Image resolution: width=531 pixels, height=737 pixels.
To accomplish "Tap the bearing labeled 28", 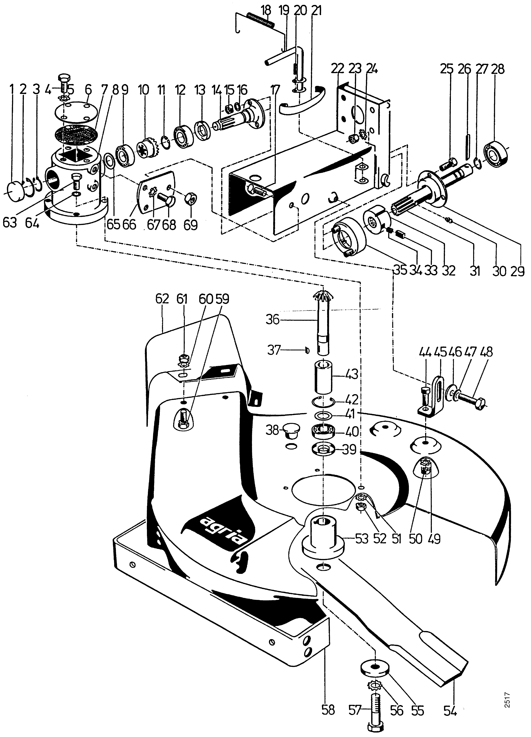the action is coord(495,151).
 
